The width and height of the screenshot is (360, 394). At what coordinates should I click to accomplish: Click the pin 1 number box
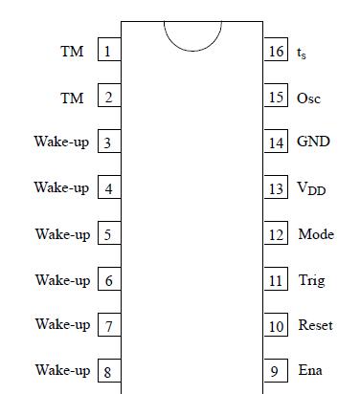[x=108, y=52]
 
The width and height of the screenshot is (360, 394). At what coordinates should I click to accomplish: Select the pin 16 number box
[x=276, y=52]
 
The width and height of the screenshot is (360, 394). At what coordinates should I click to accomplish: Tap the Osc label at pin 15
[x=308, y=98]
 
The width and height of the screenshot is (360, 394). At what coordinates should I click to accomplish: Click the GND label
[x=313, y=142]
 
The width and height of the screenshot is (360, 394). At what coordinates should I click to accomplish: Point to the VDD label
[x=311, y=189]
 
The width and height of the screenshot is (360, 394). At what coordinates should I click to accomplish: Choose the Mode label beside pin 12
[x=316, y=234]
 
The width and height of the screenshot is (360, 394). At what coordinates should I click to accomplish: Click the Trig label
[x=311, y=281]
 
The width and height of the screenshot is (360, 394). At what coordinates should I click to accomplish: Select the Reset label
[x=315, y=325]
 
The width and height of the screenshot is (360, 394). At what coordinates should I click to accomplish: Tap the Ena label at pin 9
[x=310, y=370]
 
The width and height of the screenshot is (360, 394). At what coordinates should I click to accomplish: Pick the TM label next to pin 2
[x=72, y=98]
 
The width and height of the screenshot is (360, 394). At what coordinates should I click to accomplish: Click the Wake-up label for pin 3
[x=61, y=142]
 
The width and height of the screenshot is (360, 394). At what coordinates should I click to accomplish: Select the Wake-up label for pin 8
[x=62, y=370]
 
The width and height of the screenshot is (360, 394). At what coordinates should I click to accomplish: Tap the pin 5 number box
[x=108, y=235]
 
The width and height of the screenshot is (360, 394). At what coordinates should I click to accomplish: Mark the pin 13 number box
[x=276, y=189]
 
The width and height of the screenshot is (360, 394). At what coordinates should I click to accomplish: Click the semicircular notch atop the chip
[x=192, y=34]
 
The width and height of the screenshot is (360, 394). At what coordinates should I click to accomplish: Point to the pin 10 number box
[x=276, y=326]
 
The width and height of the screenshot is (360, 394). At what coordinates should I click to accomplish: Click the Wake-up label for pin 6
[x=62, y=280]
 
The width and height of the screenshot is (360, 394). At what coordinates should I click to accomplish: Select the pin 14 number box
[x=276, y=143]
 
